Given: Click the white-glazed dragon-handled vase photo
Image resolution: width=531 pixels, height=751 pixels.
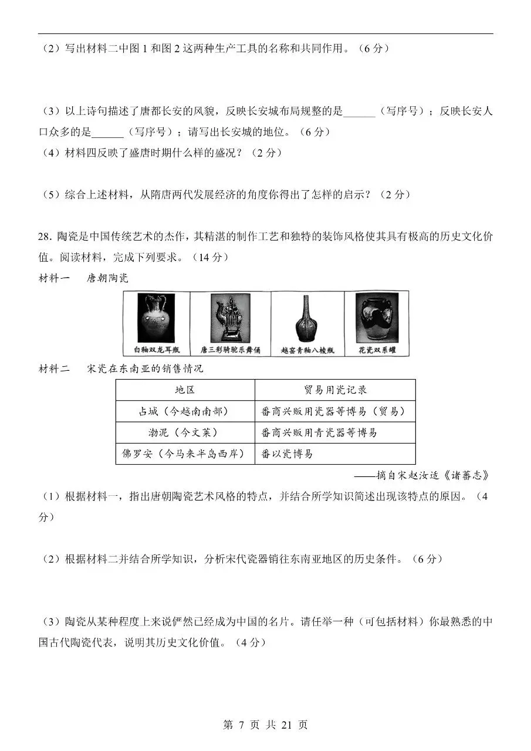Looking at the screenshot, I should [155, 317].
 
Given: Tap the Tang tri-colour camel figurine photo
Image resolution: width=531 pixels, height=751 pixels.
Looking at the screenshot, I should [230, 317].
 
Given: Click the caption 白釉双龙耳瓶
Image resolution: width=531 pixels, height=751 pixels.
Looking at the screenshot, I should [155, 350].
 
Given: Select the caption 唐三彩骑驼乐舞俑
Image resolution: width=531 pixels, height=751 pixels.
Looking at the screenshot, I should [230, 350].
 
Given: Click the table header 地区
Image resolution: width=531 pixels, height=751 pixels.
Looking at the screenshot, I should [185, 390].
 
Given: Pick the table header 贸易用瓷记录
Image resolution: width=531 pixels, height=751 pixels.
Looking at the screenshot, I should [335, 390].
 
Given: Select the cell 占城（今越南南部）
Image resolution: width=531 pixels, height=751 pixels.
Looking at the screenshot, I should [185, 411].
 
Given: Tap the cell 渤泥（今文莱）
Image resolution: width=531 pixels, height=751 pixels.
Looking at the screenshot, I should [185, 432].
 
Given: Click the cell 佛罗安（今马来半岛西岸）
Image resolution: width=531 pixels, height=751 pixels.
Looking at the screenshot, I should [185, 454].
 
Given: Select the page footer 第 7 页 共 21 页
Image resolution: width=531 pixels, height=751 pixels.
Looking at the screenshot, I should [265, 725].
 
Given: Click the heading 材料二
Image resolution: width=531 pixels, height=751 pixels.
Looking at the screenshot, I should [54, 368].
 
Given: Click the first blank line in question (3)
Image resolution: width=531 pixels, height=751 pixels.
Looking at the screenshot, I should [359, 111].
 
